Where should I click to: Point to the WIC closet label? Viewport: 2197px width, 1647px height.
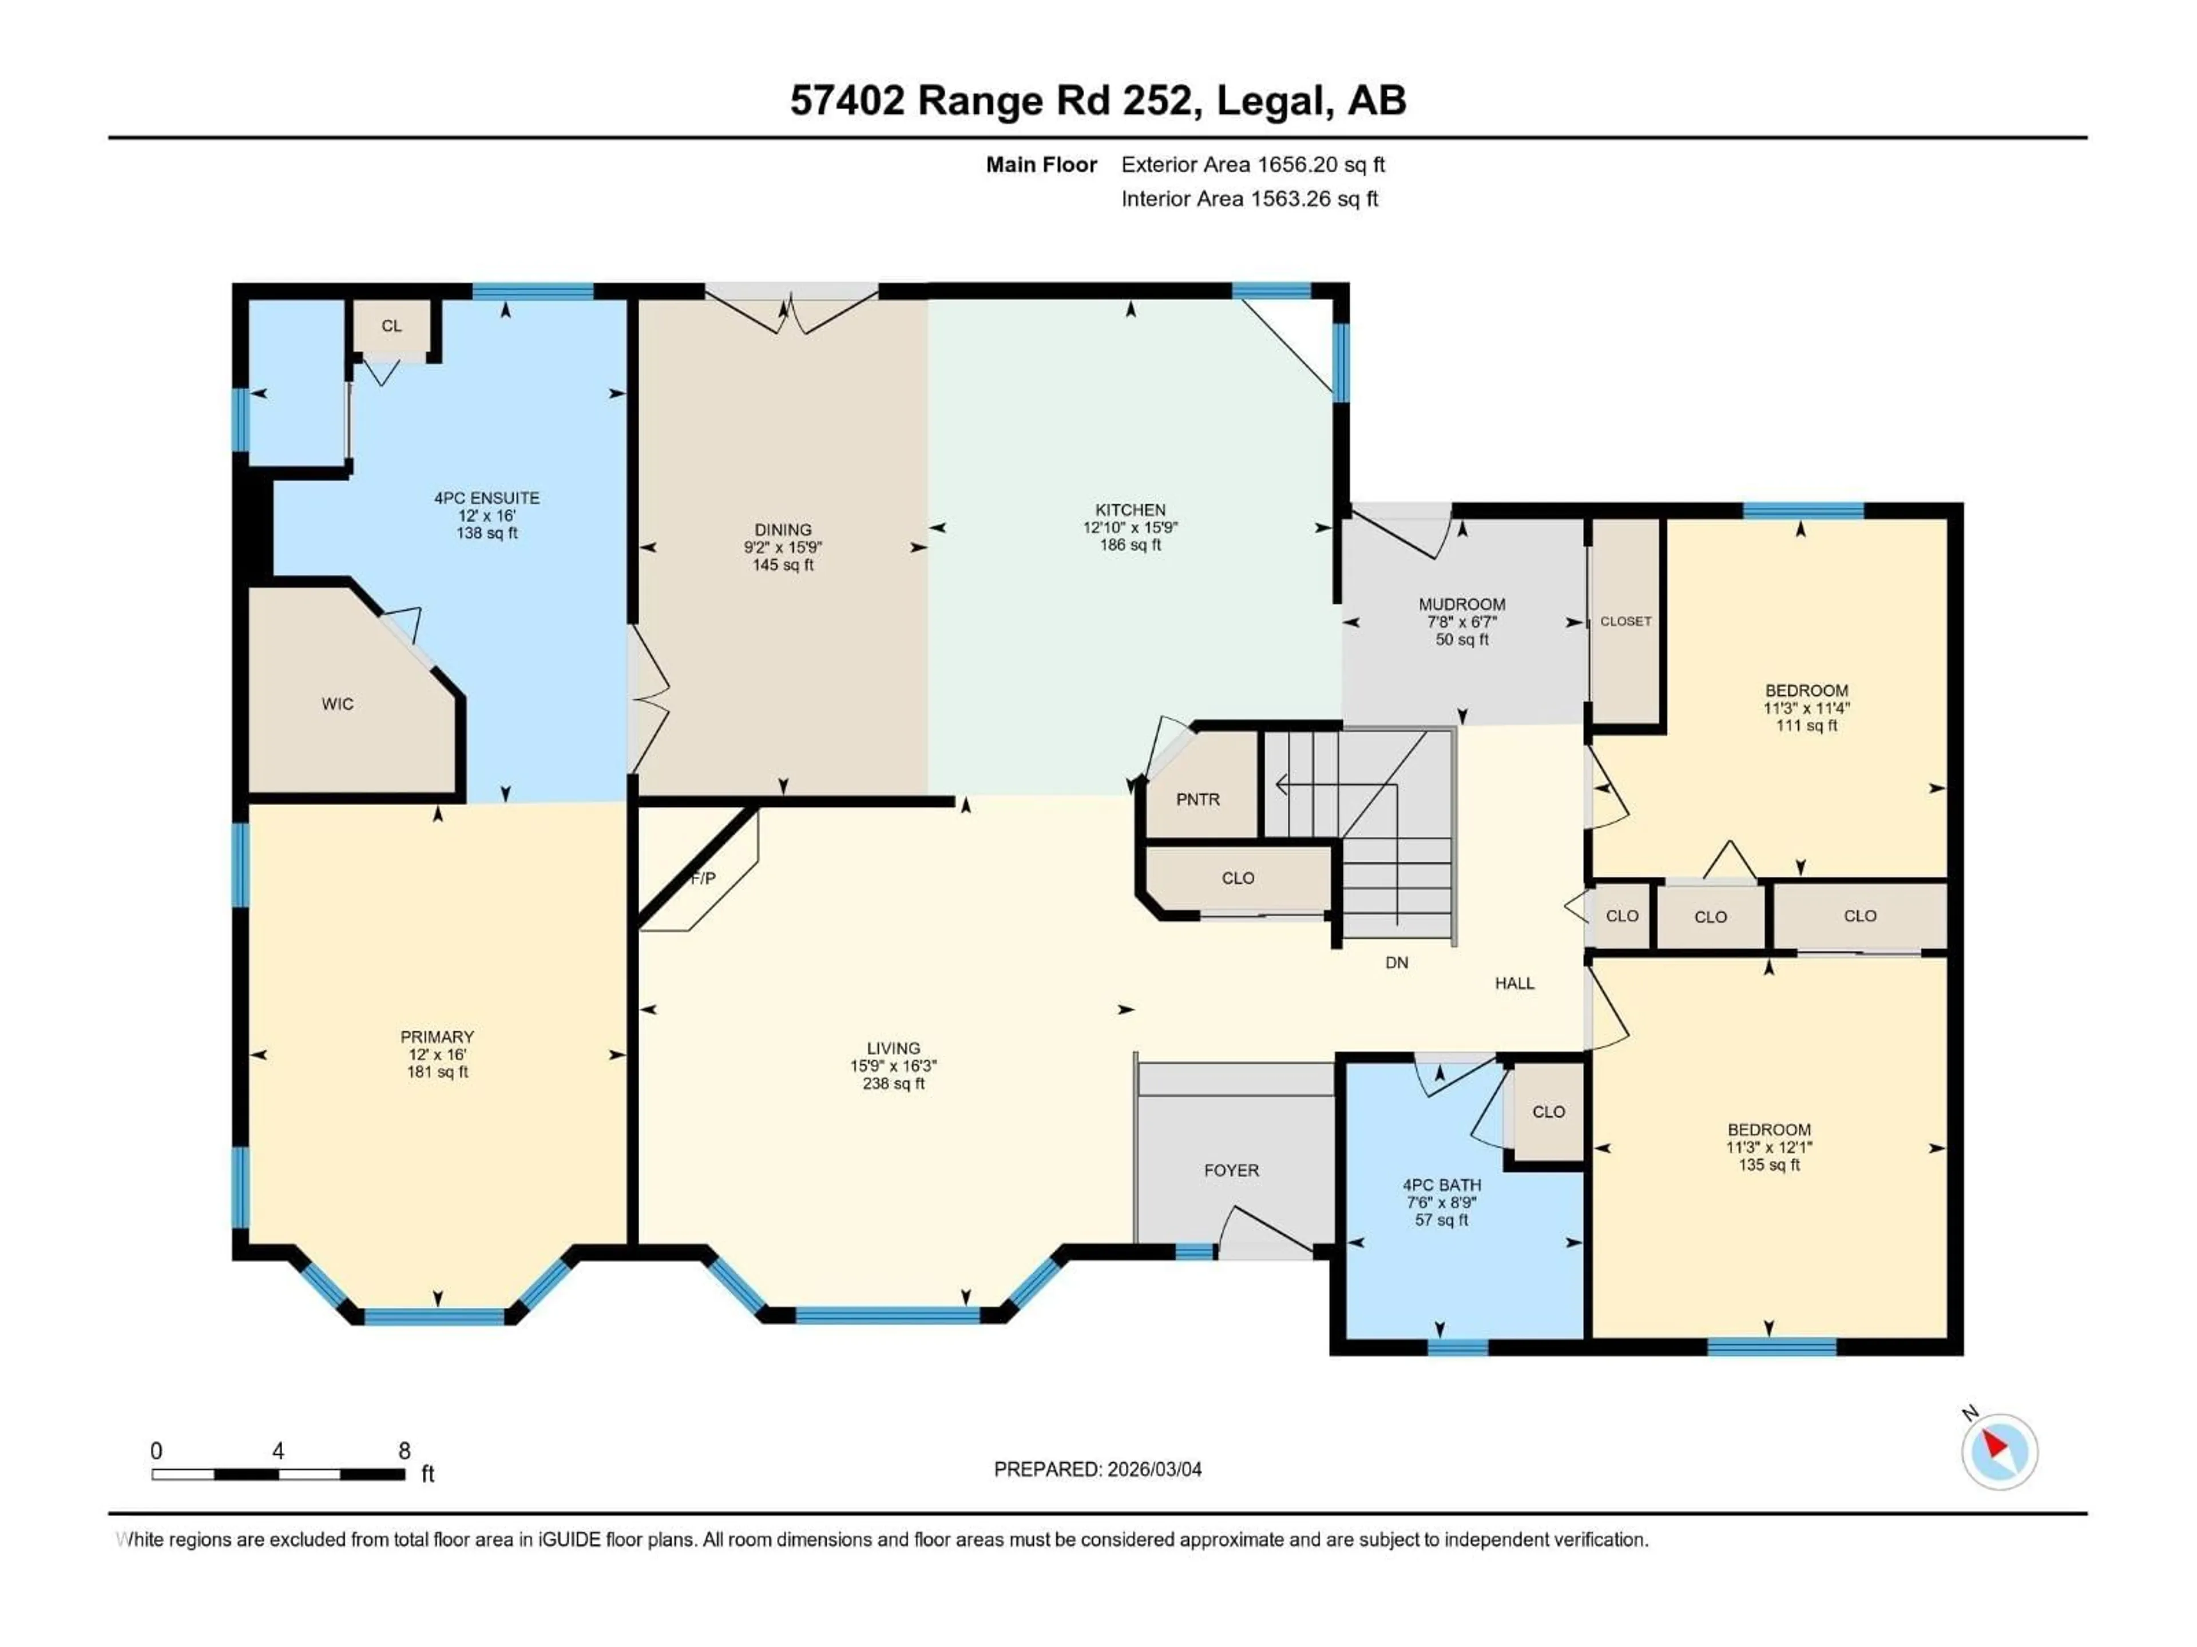[336, 704]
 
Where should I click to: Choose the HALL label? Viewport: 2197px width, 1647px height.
[1514, 983]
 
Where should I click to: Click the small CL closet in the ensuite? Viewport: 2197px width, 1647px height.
[391, 325]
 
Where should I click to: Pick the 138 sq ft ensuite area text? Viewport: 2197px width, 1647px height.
[487, 533]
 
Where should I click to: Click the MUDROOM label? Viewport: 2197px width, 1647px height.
[1461, 603]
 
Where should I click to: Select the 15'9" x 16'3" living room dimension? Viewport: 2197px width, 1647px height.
[893, 1066]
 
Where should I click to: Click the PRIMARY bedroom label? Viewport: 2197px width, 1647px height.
[437, 1036]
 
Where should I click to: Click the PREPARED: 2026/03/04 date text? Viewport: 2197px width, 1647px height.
[1097, 1469]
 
